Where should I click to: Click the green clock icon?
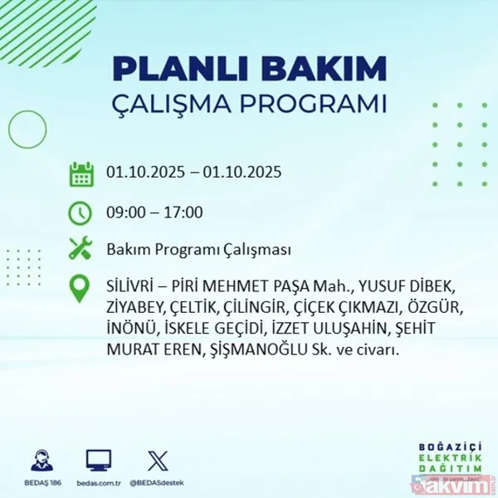(81, 212)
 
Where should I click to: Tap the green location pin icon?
(81, 288)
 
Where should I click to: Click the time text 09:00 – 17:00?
(154, 212)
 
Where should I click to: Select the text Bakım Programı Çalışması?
(198, 249)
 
